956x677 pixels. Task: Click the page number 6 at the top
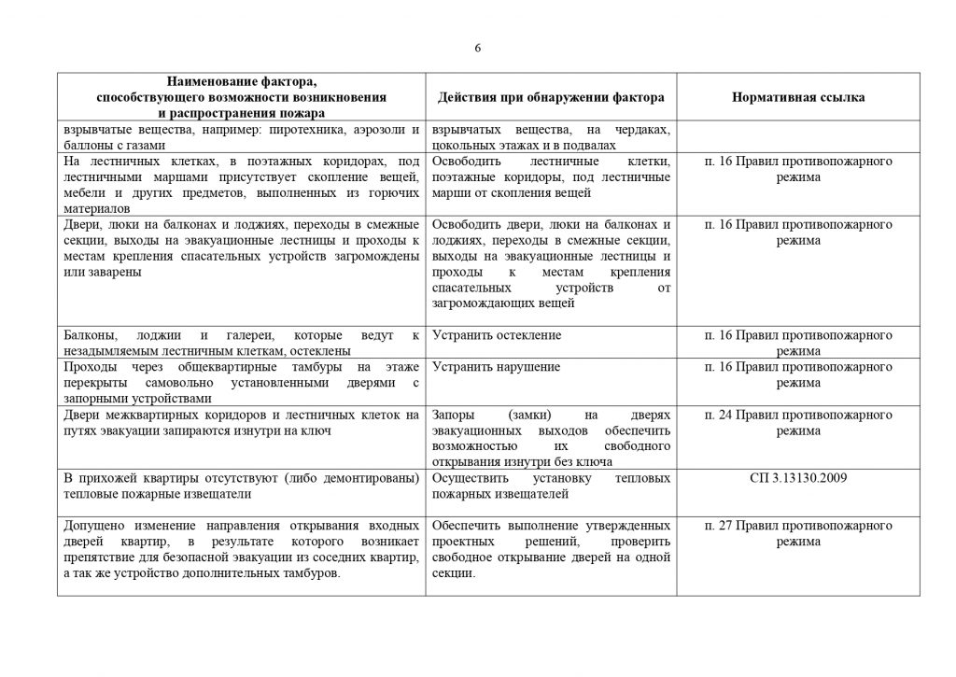pyautogui.click(x=477, y=49)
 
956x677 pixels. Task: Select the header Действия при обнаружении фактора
pyautogui.click(x=552, y=97)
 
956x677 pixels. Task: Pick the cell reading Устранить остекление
pyautogui.click(x=498, y=335)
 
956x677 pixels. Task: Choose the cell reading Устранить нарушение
pyautogui.click(x=497, y=367)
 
